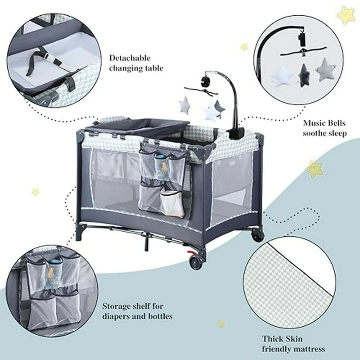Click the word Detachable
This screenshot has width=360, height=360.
click(x=130, y=58)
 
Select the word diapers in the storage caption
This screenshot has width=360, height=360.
click(x=117, y=317)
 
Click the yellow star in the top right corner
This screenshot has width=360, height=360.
click(x=346, y=15)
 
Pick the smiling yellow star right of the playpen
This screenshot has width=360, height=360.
click(x=314, y=169)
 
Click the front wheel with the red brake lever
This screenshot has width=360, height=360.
click(x=196, y=262)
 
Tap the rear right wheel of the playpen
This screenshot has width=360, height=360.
click(x=257, y=235)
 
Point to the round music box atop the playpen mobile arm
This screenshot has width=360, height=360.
click(x=205, y=81)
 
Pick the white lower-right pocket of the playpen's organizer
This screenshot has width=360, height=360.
click(x=172, y=203)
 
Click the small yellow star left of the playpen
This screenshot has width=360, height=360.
click(x=35, y=192)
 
